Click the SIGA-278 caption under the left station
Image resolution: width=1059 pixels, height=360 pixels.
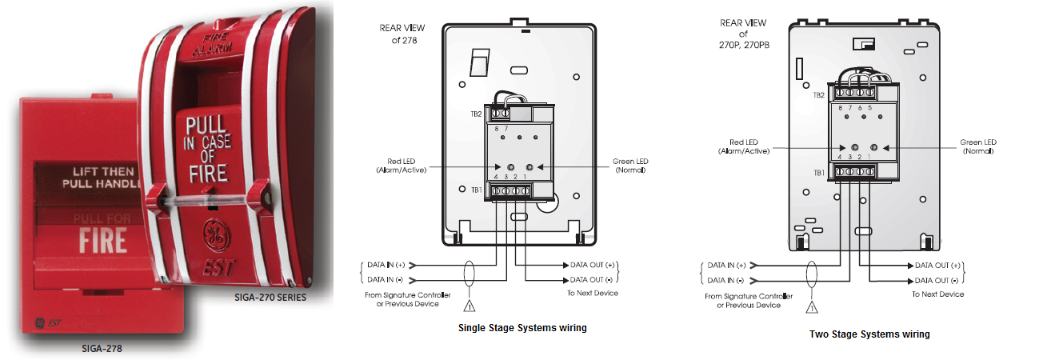pos(102,349)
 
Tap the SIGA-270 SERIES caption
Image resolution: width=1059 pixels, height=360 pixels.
pos(270,298)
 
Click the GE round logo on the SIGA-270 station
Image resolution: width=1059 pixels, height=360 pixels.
pos(217,235)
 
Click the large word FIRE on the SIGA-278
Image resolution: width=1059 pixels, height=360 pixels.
pos(103,241)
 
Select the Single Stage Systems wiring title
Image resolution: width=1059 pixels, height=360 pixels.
pos(522,328)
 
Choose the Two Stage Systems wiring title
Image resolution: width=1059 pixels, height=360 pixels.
pos(869,334)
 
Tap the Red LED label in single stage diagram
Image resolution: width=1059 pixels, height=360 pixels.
pos(402,166)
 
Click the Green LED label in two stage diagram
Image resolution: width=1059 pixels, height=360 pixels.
pos(978,146)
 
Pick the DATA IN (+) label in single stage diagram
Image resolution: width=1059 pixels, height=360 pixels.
pos(386,265)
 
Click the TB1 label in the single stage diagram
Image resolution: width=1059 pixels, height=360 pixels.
pos(477,190)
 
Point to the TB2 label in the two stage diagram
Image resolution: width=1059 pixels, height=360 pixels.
pos(818,95)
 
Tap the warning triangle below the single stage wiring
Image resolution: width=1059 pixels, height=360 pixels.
pos(469,306)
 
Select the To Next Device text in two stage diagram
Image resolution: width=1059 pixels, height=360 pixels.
pos(938,294)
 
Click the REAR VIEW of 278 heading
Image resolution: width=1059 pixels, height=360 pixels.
pos(402,34)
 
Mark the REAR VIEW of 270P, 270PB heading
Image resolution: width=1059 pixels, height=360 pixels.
pos(744,34)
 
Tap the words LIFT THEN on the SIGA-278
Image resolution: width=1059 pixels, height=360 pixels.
pos(103,172)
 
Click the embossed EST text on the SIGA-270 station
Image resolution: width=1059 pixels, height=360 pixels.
pos(218,267)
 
